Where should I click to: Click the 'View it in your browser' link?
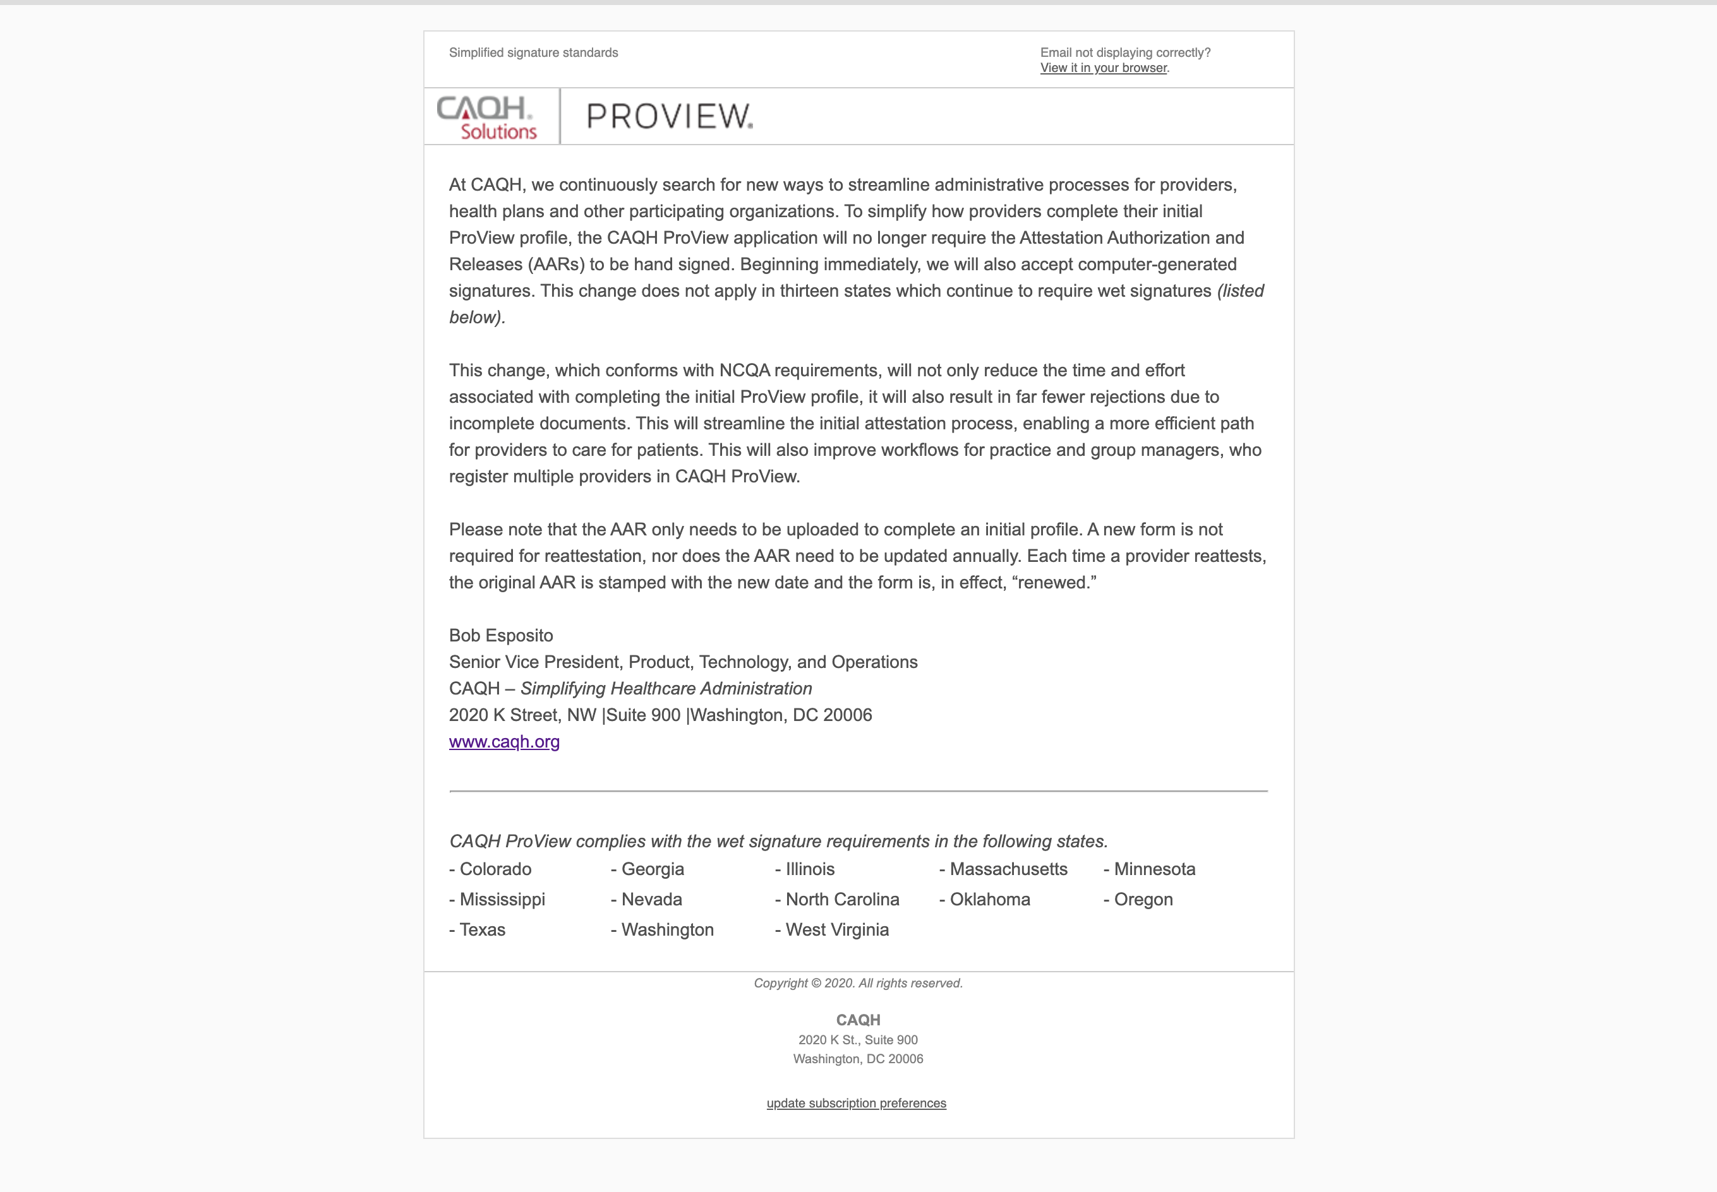click(x=1103, y=68)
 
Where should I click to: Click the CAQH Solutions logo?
click(x=487, y=117)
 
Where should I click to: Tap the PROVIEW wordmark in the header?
click(x=670, y=117)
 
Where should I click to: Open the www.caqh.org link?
click(x=504, y=742)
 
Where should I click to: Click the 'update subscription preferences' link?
click(x=856, y=1103)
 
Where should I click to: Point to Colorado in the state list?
click(x=495, y=869)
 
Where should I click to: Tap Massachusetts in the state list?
click(x=1008, y=869)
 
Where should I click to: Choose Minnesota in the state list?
click(x=1154, y=869)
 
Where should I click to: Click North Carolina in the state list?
click(x=842, y=900)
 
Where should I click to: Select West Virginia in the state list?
click(x=837, y=930)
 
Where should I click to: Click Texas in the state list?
click(x=482, y=930)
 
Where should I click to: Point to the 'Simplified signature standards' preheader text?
click(x=533, y=53)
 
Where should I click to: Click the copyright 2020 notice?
click(x=858, y=984)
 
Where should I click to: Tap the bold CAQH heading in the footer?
click(x=858, y=1020)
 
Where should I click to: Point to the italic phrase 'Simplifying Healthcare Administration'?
click(x=666, y=689)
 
